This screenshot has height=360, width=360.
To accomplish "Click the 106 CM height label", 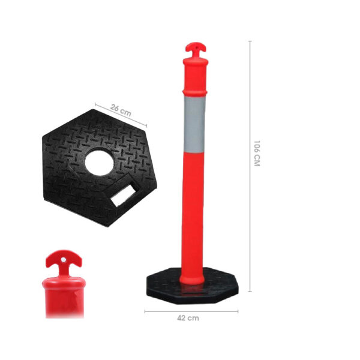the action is coord(257,154).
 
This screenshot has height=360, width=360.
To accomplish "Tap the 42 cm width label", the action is coord(188,318).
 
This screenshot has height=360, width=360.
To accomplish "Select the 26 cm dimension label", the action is coord(121,110).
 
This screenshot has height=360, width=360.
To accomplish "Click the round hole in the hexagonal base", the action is coord(99,162).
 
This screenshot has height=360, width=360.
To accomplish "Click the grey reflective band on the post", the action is coord(194,124).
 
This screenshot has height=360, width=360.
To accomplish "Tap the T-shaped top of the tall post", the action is coord(196,49).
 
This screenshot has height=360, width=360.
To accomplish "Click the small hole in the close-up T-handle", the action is coord(64,260).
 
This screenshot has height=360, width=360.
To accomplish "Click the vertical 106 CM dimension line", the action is coord(250,166).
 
